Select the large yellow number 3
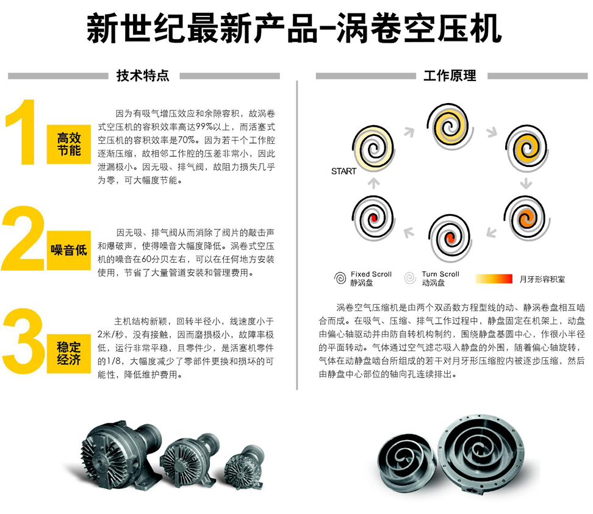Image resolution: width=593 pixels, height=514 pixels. (x=23, y=341)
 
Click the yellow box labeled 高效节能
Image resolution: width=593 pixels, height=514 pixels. (x=69, y=144)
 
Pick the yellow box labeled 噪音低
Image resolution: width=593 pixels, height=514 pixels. (x=69, y=250)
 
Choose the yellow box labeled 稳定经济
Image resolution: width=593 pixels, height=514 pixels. (x=69, y=354)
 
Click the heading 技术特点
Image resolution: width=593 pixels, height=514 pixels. (x=143, y=76)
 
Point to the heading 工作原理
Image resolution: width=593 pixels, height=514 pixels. (x=450, y=76)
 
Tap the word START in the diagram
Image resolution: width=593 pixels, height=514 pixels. (x=343, y=171)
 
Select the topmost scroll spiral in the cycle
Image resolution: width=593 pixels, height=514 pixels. (x=450, y=126)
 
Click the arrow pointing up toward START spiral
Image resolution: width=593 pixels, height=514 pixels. (x=373, y=184)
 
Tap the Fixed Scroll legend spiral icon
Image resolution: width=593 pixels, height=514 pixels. (x=340, y=278)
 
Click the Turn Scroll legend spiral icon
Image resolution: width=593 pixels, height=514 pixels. (x=410, y=278)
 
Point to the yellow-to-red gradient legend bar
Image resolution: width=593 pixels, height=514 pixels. (x=494, y=279)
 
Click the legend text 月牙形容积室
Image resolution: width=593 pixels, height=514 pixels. (x=542, y=279)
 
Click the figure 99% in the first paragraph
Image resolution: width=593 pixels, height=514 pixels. (x=204, y=127)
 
